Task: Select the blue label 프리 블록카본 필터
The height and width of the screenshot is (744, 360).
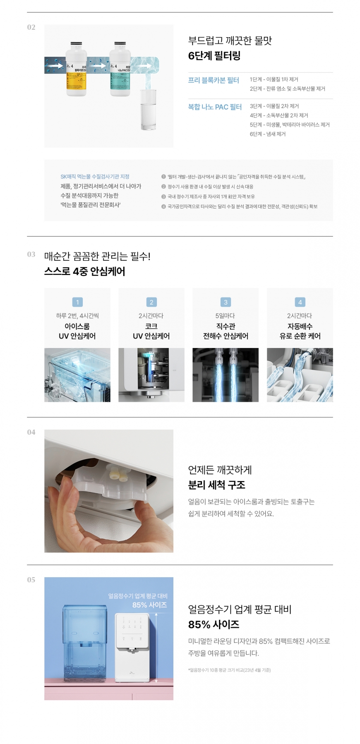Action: pyautogui.click(x=214, y=80)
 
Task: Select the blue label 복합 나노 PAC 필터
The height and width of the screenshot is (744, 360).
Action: pyautogui.click(x=215, y=107)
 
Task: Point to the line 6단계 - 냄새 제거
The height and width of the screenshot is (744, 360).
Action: pyautogui.click(x=267, y=134)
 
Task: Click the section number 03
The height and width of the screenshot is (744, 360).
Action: pyautogui.click(x=31, y=254)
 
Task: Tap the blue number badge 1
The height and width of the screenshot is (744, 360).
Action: pyautogui.click(x=77, y=302)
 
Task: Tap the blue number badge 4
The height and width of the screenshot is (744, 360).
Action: pyautogui.click(x=300, y=302)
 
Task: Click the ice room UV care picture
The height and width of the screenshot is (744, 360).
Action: pyautogui.click(x=77, y=374)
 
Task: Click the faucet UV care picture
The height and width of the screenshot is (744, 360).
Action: pyautogui.click(x=151, y=374)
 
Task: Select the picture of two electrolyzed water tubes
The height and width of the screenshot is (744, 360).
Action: pyautogui.click(x=226, y=374)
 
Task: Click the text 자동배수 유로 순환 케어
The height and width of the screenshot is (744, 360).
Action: pyautogui.click(x=300, y=331)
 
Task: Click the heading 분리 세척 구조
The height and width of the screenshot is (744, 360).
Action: pyautogui.click(x=216, y=485)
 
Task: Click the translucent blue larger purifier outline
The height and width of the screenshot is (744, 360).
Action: pyautogui.click(x=85, y=641)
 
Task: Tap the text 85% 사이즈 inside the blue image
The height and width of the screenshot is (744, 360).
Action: pyautogui.click(x=149, y=605)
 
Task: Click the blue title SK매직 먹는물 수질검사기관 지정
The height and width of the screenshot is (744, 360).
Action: pyautogui.click(x=95, y=177)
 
